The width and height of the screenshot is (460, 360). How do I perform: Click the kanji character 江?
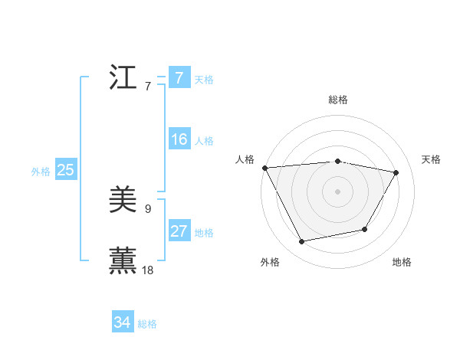[123, 77]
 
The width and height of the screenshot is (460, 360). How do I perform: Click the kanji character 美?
[123, 201]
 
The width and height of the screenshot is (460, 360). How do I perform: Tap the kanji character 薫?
[123, 259]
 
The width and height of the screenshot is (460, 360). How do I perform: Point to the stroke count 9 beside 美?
[148, 208]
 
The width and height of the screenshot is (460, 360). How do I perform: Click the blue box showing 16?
[179, 139]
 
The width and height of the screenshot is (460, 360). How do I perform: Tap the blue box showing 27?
[179, 231]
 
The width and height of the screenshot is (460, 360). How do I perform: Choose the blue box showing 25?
[66, 170]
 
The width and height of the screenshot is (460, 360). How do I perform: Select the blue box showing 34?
[123, 322]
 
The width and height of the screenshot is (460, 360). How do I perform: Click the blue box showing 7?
[179, 77]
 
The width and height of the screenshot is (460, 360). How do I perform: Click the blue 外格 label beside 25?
[41, 172]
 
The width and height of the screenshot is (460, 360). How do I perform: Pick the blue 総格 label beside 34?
[147, 324]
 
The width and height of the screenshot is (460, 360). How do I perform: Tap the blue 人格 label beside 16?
[204, 141]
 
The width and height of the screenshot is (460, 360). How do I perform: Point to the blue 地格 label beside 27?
[204, 233]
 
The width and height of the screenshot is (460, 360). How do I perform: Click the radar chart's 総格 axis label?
[338, 100]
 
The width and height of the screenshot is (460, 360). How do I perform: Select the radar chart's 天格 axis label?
[432, 159]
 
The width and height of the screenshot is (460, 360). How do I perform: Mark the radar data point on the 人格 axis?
[264, 168]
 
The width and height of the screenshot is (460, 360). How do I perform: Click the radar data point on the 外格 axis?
[302, 242]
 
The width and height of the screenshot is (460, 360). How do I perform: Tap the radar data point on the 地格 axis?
[365, 229]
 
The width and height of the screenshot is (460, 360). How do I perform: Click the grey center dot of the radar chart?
[338, 191]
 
